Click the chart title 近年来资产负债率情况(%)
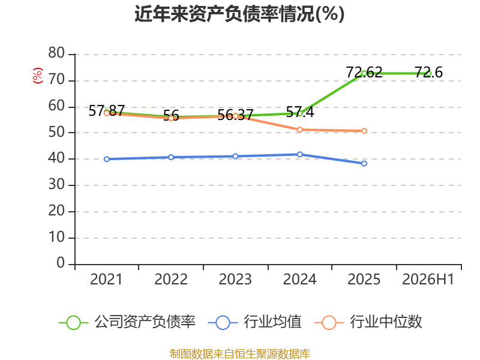[x=239, y=14]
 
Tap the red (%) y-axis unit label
[x=38, y=76]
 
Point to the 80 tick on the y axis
[x=56, y=53]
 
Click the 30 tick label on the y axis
[x=56, y=185]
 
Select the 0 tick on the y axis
[x=61, y=263]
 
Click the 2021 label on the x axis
[x=106, y=279]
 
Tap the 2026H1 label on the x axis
[x=428, y=279]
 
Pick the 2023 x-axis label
[x=235, y=279]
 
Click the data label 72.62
[x=364, y=73]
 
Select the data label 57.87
[x=107, y=110]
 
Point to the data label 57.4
[x=299, y=112]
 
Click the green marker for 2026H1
[x=428, y=73]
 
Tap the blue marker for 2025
[x=364, y=163]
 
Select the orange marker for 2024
[x=299, y=130]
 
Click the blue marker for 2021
[x=107, y=159]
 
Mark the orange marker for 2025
[x=364, y=131]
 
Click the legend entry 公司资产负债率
[x=127, y=322]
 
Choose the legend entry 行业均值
[x=254, y=322]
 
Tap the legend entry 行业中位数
[x=368, y=322]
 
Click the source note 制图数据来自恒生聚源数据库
[x=240, y=354]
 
